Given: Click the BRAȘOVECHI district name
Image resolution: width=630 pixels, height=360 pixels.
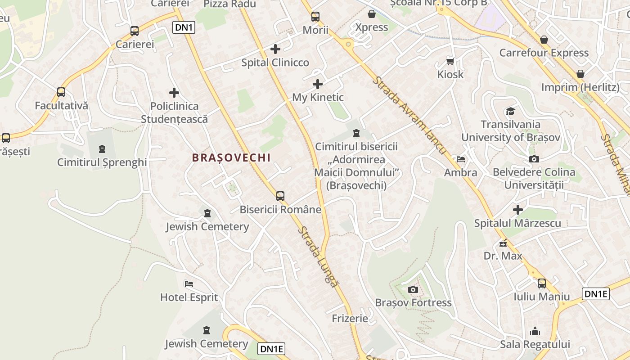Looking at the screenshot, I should pos(231,157).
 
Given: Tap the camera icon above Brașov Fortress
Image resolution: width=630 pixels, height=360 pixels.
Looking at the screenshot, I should pos(413,289).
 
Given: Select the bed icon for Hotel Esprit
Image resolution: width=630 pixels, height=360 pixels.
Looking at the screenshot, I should pos(189,284).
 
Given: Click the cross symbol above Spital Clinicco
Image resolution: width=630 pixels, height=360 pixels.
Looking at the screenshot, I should pos(275,49).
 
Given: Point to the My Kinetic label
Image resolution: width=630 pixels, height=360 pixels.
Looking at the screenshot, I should pos(318,97).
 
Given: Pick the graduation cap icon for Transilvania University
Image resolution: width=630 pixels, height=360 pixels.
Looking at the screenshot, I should pos(510,111).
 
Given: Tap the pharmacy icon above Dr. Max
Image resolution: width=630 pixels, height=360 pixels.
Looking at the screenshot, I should pos(503,243).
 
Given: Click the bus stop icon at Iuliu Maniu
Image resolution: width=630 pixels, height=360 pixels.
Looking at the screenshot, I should pos(542,283).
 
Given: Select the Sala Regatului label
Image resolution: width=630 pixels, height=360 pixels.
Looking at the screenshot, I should pos(535,344).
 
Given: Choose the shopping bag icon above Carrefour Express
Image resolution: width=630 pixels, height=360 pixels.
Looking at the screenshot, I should pos(544,40).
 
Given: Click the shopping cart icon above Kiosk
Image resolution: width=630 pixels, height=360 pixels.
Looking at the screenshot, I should pos(450,61).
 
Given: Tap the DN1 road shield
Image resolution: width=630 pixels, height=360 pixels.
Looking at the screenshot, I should pos(184,28).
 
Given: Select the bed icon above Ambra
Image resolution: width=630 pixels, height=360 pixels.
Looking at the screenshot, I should pos(460,159).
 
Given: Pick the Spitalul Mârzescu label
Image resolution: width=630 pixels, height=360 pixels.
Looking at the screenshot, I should pos(517,223).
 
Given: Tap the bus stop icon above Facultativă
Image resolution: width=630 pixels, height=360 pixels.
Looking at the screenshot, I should pos(61,92).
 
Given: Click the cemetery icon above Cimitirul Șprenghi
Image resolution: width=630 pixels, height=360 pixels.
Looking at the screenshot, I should pos(102,148).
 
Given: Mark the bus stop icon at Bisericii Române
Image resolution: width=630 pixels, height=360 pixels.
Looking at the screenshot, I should pos(280,196).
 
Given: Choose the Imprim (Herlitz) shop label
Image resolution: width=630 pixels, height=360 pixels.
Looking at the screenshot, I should pos(580,87).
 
